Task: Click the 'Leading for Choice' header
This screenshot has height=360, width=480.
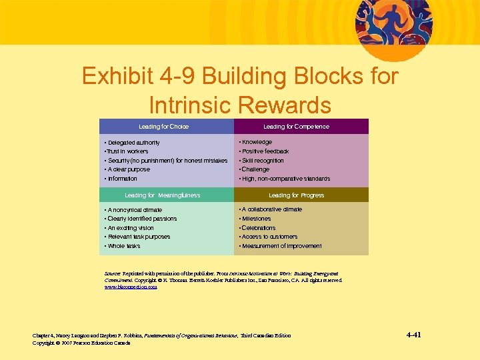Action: point(163,127)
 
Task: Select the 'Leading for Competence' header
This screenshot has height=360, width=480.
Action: point(296,127)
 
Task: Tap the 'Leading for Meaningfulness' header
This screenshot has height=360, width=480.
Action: point(163,195)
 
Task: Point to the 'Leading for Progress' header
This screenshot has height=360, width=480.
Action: point(296,195)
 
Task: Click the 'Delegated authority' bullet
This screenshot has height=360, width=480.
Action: point(133,143)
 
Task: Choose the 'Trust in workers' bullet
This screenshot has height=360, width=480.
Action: point(127,151)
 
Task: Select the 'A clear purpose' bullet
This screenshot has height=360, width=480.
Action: point(128,169)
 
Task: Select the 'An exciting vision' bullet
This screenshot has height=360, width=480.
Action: point(130,228)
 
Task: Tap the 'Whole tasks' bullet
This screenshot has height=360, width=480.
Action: point(123,246)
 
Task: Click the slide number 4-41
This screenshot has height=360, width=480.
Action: point(417,335)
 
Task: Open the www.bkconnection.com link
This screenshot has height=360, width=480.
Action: point(131,287)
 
